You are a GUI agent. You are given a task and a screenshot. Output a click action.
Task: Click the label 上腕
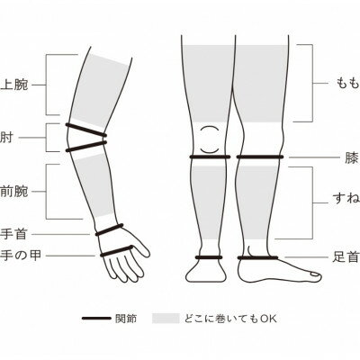click(14, 85)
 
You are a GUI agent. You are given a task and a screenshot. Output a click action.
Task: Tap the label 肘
click(6, 138)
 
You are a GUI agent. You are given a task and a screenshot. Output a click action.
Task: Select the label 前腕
click(14, 192)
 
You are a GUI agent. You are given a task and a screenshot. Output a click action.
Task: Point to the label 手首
click(14, 234)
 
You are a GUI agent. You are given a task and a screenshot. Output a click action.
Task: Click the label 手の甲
click(21, 256)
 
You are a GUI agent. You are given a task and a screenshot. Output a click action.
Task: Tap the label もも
click(347, 83)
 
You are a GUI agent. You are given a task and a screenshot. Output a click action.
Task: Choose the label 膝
click(351, 157)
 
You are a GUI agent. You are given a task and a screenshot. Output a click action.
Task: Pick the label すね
click(346, 199)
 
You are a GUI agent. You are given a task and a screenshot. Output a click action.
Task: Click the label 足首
click(346, 257)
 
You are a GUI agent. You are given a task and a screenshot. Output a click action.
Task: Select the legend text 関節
click(126, 319)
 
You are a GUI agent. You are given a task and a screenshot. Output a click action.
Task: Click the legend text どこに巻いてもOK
click(230, 319)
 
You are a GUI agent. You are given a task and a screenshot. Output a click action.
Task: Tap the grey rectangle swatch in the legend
click(166, 319)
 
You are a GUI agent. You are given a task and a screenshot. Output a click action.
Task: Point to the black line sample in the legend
click(96, 319)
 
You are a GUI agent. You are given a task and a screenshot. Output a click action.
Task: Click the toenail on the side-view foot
click(314, 274)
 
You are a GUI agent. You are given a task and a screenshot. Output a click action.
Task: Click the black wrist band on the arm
click(109, 229)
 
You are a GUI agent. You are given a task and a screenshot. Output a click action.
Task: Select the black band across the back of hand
click(116, 251)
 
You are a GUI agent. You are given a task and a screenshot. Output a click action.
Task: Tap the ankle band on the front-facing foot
click(209, 257)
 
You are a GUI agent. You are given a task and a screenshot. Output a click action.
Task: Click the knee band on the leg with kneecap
click(210, 157)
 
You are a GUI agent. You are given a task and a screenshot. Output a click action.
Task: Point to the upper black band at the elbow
click(86, 130)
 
